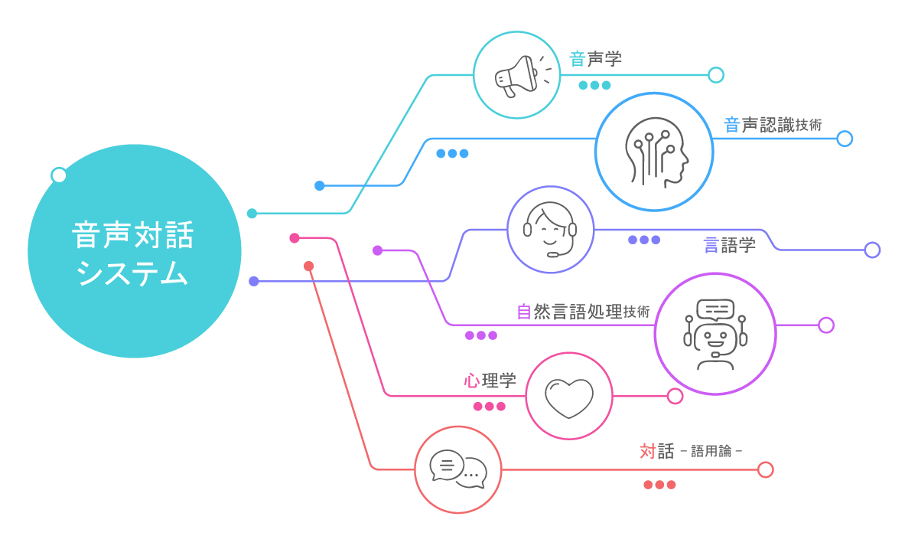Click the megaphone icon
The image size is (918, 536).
click(518, 75)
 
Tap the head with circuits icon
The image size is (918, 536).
click(655, 152)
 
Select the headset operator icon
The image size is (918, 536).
click(550, 230)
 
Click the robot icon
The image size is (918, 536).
click(715, 334)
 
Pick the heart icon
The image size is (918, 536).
click(568, 397)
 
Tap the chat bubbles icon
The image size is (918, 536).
click(458, 469)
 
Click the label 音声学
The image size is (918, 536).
click(595, 59)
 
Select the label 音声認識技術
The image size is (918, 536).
click(773, 125)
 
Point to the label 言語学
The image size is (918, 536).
click(729, 245)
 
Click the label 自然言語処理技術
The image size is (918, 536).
click(583, 312)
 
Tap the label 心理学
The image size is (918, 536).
click(490, 380)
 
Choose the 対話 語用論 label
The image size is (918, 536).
click(690, 451)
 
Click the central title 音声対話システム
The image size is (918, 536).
click(134, 253)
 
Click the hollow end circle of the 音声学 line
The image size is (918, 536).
click(716, 75)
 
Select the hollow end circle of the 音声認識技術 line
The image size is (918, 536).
click(845, 139)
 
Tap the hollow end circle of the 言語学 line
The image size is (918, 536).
click(872, 250)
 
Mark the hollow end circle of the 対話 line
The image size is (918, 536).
click(766, 469)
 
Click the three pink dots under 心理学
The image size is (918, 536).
click(490, 407)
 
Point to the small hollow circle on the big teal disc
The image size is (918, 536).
click(58, 175)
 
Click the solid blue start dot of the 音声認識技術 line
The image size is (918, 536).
click(319, 185)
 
